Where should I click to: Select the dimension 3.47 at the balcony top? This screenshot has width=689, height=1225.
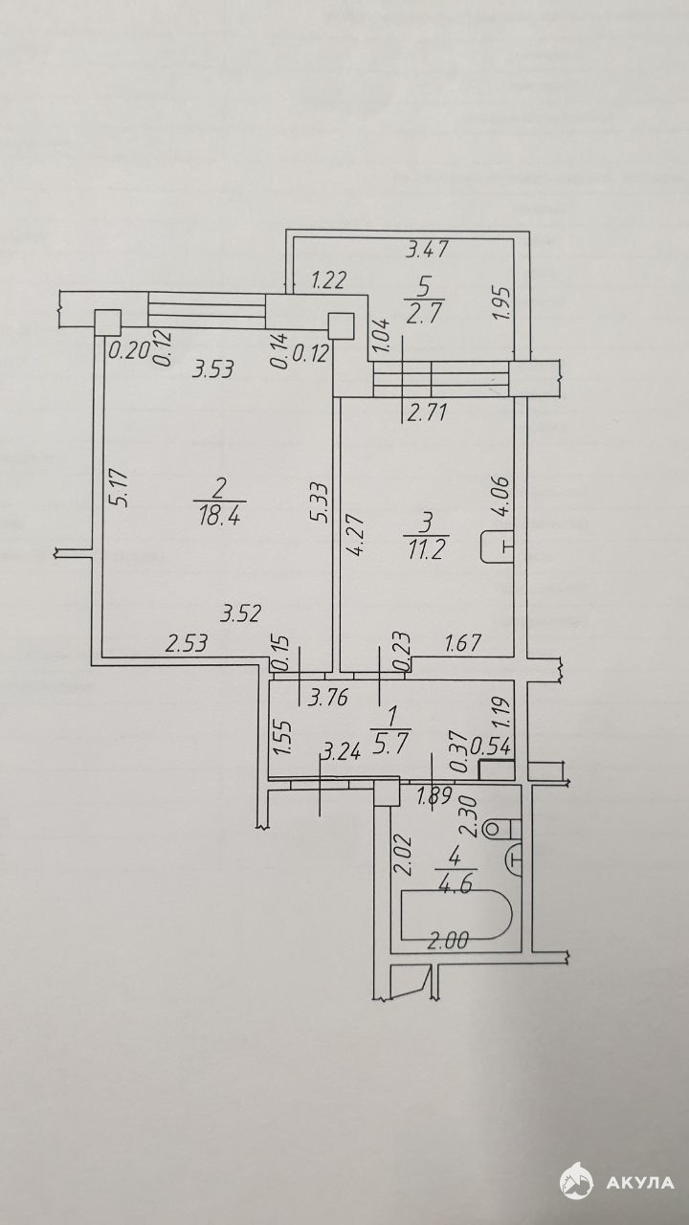click(427, 250)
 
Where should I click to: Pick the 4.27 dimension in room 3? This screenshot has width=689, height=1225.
click(356, 534)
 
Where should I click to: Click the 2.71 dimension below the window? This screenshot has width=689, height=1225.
click(426, 412)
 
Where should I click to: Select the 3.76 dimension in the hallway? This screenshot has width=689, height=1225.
click(327, 698)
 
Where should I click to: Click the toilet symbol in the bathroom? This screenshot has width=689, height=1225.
click(503, 828)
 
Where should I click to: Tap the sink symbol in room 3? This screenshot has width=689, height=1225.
click(498, 546)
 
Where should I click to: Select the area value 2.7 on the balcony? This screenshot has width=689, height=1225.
click(424, 317)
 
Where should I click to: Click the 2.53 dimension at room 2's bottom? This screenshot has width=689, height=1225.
click(187, 643)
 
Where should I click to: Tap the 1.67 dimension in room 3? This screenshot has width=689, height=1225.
click(462, 643)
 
